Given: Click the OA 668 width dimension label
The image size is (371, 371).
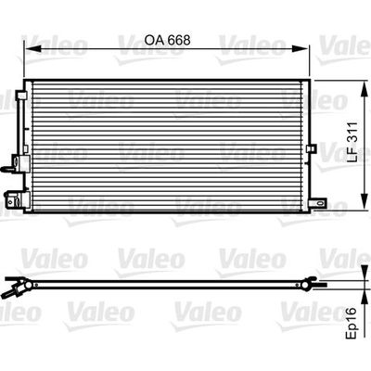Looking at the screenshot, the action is [168, 40].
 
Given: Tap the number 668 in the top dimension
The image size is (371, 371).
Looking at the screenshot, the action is [179, 40].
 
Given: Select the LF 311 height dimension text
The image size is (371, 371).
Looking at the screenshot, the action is [352, 142].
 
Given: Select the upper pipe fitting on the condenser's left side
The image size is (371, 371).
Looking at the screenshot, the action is [17, 162].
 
